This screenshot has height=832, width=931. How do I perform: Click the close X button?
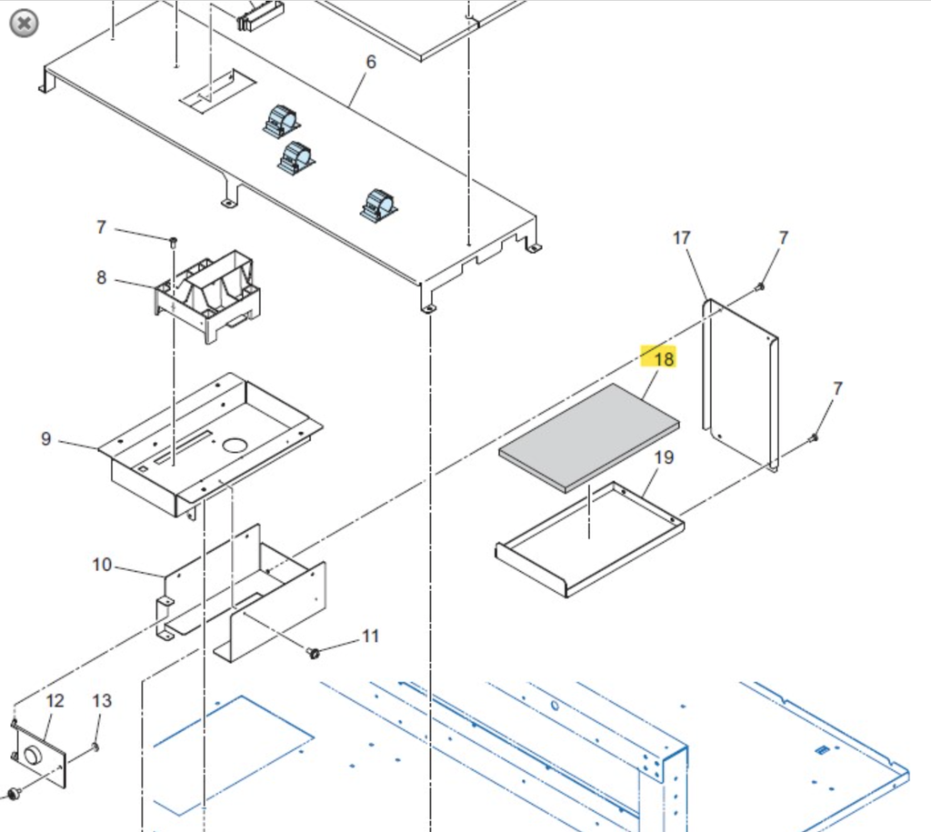pyautogui.click(x=25, y=23)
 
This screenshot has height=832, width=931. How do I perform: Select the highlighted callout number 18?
pyautogui.click(x=663, y=359)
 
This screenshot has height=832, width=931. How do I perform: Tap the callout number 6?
pyautogui.click(x=370, y=62)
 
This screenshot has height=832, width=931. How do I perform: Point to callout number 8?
pyautogui.click(x=101, y=276)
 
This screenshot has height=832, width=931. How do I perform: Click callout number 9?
pyautogui.click(x=46, y=439)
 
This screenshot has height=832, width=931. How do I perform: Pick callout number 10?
pyautogui.click(x=102, y=565)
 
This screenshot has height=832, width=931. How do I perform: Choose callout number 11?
pyautogui.click(x=370, y=636)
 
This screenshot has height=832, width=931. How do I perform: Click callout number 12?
pyautogui.click(x=55, y=701)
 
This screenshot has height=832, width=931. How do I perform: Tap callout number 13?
pyautogui.click(x=102, y=701)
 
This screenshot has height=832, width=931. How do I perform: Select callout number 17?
pyautogui.click(x=681, y=238)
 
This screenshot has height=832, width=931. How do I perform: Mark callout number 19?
pyautogui.click(x=664, y=457)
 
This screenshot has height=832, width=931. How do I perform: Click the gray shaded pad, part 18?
pyautogui.click(x=589, y=436)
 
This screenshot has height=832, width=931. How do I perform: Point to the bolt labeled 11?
pyautogui.click(x=314, y=652)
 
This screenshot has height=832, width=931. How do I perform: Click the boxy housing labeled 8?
pyautogui.click(x=208, y=296)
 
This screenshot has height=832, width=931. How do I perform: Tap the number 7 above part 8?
pyautogui.click(x=102, y=227)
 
